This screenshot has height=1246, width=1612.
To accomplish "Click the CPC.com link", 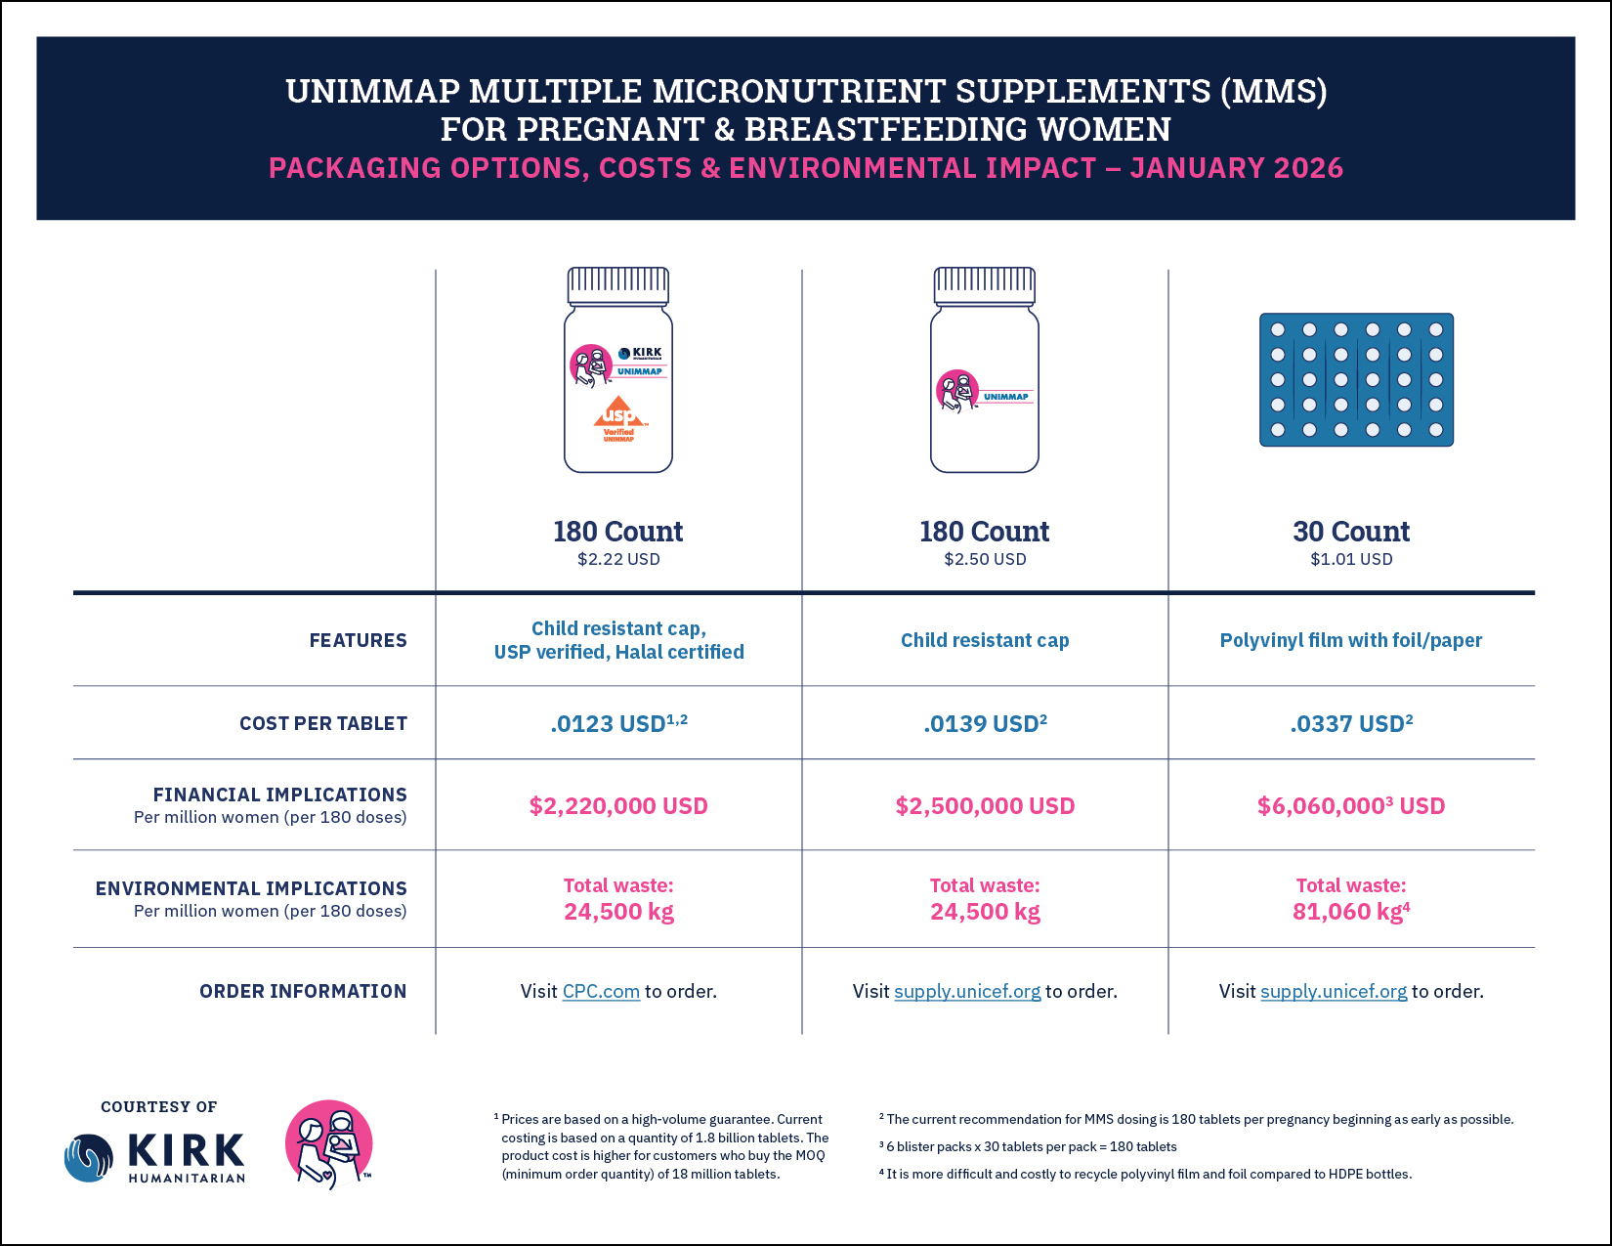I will tap(601, 992).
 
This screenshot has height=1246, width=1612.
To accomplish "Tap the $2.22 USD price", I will tap(618, 560).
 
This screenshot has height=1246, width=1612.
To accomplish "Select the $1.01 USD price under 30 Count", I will tap(1351, 560).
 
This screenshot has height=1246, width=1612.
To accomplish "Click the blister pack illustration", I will tap(1356, 380).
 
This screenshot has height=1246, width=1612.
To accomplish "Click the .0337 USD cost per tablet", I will tap(1351, 724).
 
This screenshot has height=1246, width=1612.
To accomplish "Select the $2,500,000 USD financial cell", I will tap(985, 806).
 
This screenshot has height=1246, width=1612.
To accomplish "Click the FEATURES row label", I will tap(358, 641).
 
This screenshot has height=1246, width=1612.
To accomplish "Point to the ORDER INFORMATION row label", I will tap(303, 992).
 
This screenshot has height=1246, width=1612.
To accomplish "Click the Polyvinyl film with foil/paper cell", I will tap(1351, 641).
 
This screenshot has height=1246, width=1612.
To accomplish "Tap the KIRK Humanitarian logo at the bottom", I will tap(156, 1157).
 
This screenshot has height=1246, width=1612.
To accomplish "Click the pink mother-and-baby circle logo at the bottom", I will tap(329, 1143).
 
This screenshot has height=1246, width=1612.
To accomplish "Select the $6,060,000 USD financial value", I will tap(1351, 806).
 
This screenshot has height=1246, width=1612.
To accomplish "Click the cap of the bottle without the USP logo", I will tap(985, 285).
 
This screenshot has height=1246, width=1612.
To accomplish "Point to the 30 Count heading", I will tap(1351, 532).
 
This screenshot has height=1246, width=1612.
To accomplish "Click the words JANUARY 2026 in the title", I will tap(1236, 168).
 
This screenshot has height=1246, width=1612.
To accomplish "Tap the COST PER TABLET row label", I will tap(323, 724).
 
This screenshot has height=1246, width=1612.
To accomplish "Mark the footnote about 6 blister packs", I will tap(1031, 1147).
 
